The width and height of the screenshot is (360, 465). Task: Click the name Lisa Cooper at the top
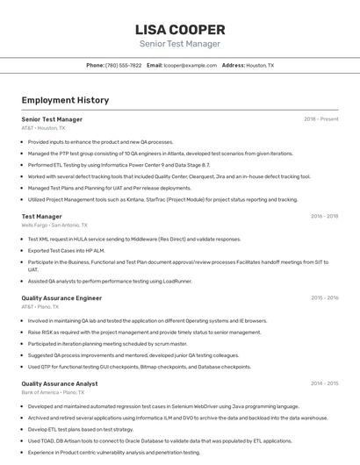point(179,29)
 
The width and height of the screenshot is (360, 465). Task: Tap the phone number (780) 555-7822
point(123,65)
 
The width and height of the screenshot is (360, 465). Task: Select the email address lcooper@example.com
point(190,65)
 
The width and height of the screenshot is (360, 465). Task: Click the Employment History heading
point(65,100)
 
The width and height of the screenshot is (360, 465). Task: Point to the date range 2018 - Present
point(320,119)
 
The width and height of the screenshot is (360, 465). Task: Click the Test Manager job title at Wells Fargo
point(41,216)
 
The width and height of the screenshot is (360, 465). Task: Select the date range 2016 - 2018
point(324,216)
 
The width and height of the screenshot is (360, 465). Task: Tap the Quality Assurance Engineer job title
point(61,298)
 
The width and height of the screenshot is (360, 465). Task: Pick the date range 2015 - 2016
point(324,298)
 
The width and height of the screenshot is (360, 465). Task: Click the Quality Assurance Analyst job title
point(60,383)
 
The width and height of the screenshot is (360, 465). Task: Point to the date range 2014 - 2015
point(324,383)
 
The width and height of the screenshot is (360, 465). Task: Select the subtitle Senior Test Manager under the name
point(179,44)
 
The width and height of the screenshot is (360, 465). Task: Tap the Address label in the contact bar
point(233,65)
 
